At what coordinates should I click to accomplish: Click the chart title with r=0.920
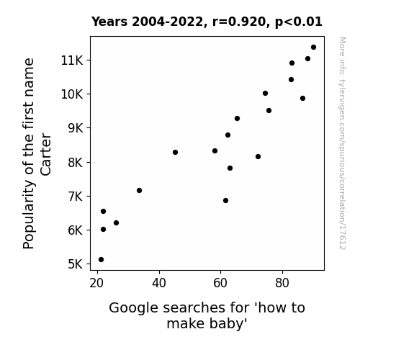(207, 22)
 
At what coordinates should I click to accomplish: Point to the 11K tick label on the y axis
(72, 60)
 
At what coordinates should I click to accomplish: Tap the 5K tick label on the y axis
(76, 264)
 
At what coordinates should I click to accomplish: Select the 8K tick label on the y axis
(76, 162)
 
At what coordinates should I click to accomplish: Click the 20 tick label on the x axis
(96, 283)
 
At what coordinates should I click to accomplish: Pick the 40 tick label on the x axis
(159, 283)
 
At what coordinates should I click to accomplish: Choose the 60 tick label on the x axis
(220, 283)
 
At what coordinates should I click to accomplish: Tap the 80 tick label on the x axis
(282, 283)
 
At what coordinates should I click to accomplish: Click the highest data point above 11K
(313, 48)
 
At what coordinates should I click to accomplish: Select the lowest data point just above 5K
(101, 260)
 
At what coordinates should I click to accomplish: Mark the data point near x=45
(175, 153)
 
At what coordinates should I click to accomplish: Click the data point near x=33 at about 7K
(140, 190)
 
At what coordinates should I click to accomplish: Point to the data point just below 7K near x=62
(226, 201)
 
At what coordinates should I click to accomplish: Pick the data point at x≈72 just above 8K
(258, 157)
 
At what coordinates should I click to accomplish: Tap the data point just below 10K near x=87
(303, 98)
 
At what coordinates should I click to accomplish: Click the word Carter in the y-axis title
(46, 154)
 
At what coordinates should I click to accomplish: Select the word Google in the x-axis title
(134, 308)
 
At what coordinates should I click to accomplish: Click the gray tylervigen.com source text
(343, 143)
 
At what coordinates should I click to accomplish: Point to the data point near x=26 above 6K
(116, 223)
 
